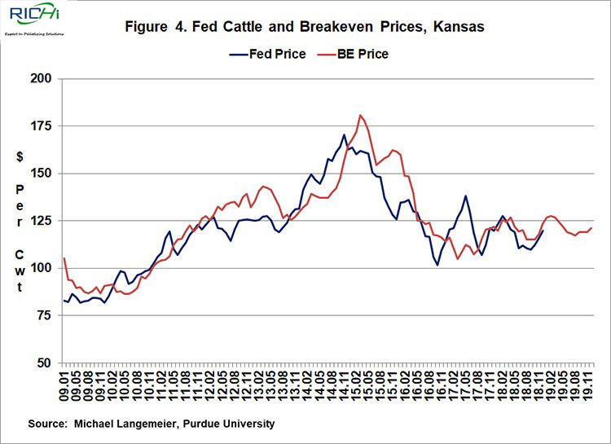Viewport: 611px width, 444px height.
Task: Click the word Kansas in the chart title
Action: (457, 27)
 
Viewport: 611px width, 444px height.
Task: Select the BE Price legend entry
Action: (362, 54)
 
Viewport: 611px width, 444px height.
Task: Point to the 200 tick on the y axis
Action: (41, 79)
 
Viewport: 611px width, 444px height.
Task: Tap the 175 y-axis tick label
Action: (41, 126)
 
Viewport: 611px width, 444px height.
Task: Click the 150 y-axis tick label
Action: (41, 174)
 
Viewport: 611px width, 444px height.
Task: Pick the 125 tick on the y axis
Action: (41, 221)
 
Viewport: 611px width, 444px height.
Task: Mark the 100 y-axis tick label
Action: (41, 268)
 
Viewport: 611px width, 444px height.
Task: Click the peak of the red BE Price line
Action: (361, 115)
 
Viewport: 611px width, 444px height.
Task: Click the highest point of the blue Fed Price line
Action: (345, 134)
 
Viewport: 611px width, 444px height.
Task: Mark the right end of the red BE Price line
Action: (591, 228)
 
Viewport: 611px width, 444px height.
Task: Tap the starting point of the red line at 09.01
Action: (64, 258)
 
